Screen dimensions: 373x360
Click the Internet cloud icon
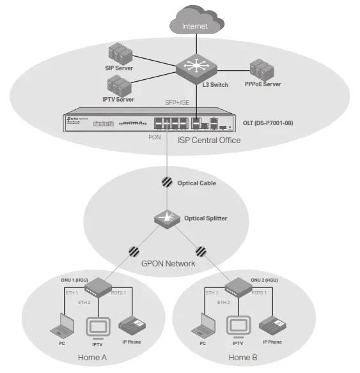coord(195,24)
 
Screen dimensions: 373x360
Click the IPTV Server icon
coord(118,85)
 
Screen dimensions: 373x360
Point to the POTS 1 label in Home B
coord(258,293)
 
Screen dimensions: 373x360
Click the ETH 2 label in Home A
coord(84,301)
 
